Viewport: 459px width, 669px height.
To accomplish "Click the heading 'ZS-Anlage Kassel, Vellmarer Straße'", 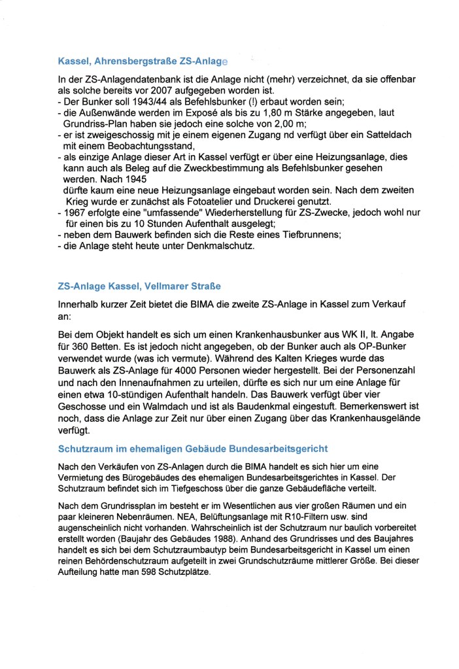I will (x=139, y=286).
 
